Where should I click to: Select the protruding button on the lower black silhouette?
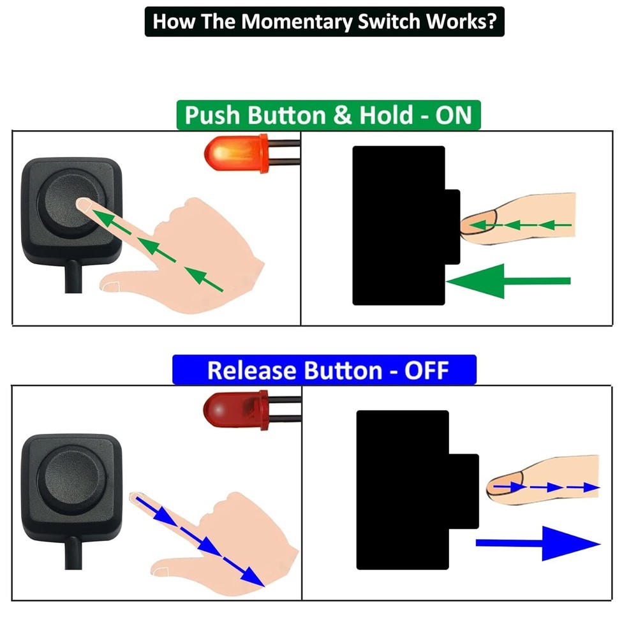click(464, 491)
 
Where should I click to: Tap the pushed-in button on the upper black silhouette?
click(452, 226)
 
